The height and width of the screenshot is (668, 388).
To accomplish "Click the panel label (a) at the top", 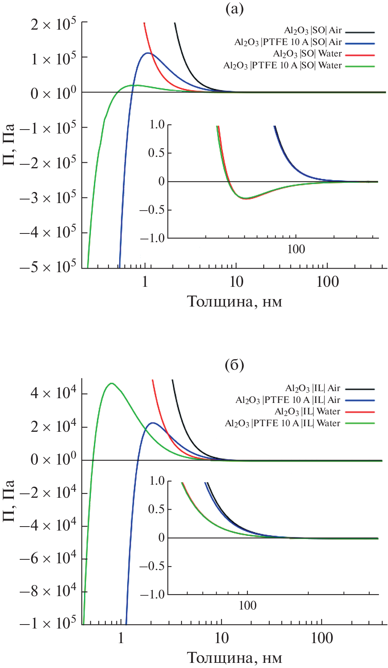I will (x=234, y=8).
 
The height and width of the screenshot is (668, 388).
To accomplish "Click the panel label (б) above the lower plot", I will (x=234, y=365).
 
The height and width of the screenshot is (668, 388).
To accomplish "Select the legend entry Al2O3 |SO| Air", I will (x=313, y=31).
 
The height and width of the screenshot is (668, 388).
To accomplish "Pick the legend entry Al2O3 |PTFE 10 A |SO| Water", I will (x=282, y=66).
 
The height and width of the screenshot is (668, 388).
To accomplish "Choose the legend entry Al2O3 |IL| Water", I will (x=307, y=412).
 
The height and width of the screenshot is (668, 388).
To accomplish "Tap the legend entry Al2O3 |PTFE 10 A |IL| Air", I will (x=288, y=400).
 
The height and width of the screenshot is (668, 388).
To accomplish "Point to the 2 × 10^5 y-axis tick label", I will (x=53, y=25).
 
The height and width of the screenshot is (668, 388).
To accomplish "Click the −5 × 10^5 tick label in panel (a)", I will (x=48, y=267).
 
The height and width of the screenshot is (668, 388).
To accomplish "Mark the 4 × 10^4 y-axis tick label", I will (x=53, y=393).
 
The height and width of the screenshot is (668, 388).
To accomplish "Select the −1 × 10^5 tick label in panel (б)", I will (x=48, y=623).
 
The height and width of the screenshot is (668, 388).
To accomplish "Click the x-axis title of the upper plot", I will (x=234, y=302).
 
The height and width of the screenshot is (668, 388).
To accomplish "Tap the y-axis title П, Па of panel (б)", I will (x=9, y=501).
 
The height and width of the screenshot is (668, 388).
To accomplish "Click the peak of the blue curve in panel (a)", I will (x=148, y=53).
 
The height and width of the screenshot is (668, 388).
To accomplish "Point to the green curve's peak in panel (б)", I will (x=112, y=383).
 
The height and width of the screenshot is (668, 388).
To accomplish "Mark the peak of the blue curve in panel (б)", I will (x=152, y=423).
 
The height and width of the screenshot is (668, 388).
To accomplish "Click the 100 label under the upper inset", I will (x=296, y=249).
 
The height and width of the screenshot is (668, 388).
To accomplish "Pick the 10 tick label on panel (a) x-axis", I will (x=236, y=282).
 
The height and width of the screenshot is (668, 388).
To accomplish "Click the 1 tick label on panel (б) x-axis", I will (x=121, y=638).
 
